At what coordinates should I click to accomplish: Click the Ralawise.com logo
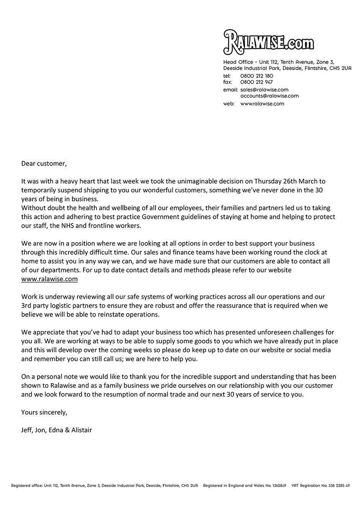[268, 42]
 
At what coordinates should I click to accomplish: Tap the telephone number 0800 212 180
[257, 76]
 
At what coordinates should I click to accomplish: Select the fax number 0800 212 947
[257, 82]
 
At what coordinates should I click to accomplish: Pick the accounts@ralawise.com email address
[269, 96]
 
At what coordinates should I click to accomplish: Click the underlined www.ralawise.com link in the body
[49, 279]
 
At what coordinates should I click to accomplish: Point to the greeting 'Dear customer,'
[44, 164]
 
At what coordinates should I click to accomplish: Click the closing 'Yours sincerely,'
[44, 412]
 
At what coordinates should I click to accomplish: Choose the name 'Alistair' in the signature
[82, 430]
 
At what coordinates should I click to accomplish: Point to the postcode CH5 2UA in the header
[340, 68]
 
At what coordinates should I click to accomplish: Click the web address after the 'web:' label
[262, 103]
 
